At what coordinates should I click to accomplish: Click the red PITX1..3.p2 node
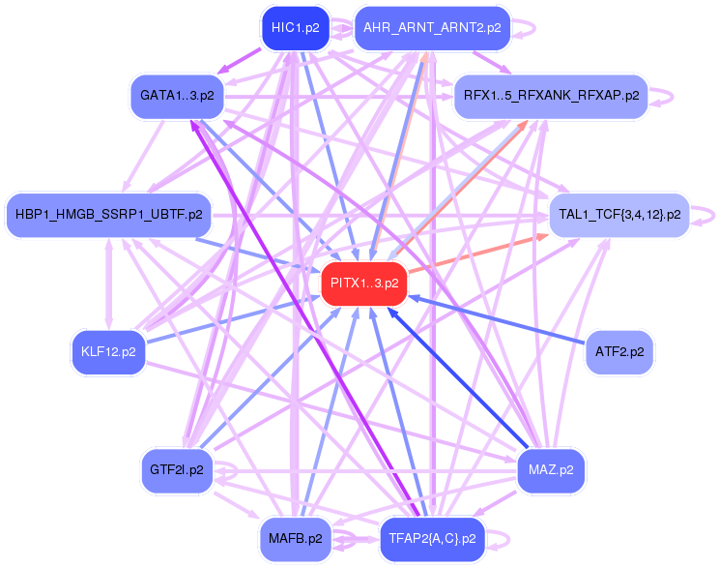[x=364, y=284]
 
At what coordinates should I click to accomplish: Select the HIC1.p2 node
[x=295, y=28]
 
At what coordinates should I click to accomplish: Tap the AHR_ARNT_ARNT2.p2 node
[x=431, y=28]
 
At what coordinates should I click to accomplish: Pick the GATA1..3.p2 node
[x=177, y=96]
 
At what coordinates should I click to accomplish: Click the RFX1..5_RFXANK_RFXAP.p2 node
[x=551, y=96]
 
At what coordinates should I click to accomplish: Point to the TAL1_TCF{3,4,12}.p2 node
[x=619, y=214]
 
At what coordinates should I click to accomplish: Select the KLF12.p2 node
[x=108, y=351]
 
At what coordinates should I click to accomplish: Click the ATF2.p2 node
[x=619, y=351]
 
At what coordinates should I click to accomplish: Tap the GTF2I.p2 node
[x=177, y=469]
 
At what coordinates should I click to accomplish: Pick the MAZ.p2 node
[x=551, y=469]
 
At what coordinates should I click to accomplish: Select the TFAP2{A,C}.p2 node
[x=431, y=538]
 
